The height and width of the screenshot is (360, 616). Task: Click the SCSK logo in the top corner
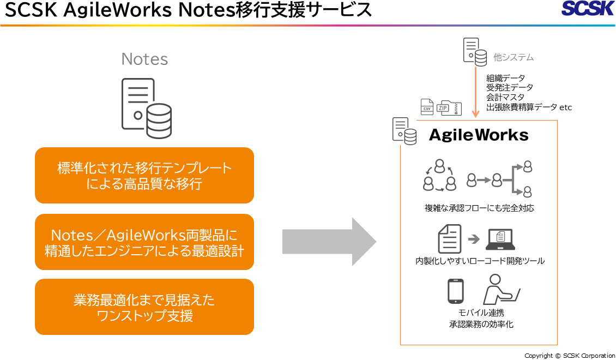(x=587, y=8)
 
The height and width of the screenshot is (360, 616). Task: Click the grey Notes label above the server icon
(x=144, y=59)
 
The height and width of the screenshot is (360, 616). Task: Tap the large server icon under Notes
(x=147, y=109)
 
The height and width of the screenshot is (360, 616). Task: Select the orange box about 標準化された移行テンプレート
(x=144, y=175)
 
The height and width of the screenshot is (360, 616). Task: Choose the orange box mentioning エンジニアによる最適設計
(x=144, y=242)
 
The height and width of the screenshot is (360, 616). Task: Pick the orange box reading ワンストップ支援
(x=144, y=307)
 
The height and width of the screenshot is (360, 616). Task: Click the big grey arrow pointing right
(x=329, y=242)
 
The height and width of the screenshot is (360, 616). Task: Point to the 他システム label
(x=514, y=57)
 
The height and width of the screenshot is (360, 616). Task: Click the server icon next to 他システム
(x=475, y=52)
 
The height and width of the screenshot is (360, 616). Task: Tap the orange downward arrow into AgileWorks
(x=475, y=92)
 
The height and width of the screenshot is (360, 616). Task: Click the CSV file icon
(x=427, y=107)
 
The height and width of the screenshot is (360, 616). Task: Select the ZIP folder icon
(x=449, y=107)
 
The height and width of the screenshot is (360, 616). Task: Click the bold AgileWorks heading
(x=479, y=135)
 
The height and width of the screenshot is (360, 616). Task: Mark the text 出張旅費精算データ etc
(x=529, y=107)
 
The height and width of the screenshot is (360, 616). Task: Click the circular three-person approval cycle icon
(x=439, y=175)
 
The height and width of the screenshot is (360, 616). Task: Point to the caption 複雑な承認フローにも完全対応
(x=479, y=208)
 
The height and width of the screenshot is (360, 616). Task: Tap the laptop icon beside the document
(x=500, y=239)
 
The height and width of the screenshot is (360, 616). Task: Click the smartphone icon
(x=456, y=291)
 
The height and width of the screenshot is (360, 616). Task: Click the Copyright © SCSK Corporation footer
(x=570, y=356)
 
